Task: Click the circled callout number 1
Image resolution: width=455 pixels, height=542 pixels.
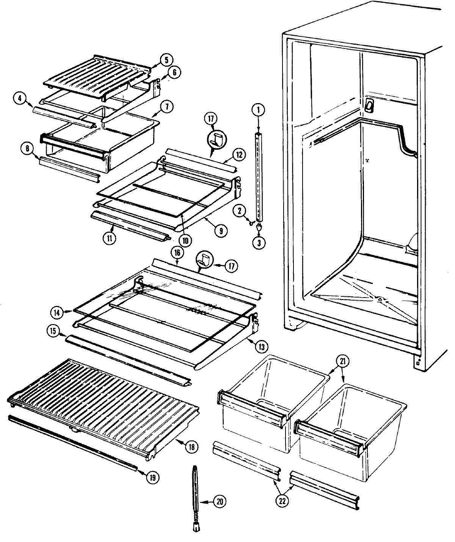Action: [x=258, y=110]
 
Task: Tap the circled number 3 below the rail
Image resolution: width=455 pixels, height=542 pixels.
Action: [x=259, y=243]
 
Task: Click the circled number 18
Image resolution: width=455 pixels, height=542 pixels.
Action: [x=192, y=447]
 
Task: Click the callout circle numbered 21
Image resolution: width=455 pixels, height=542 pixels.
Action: [x=342, y=362]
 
